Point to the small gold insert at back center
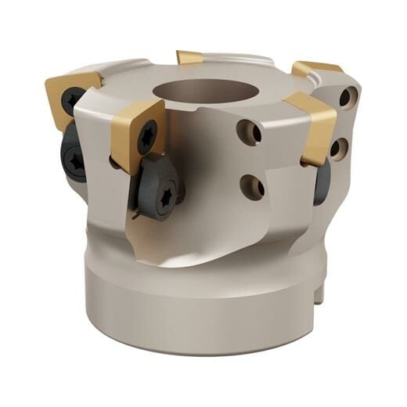(x=189, y=57)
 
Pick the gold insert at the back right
(x=316, y=69)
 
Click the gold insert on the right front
(x=313, y=126)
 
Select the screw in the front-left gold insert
(x=147, y=138)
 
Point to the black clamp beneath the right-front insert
(x=322, y=183)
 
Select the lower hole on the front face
(x=251, y=186)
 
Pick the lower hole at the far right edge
(x=339, y=147)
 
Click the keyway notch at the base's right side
(x=321, y=294)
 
